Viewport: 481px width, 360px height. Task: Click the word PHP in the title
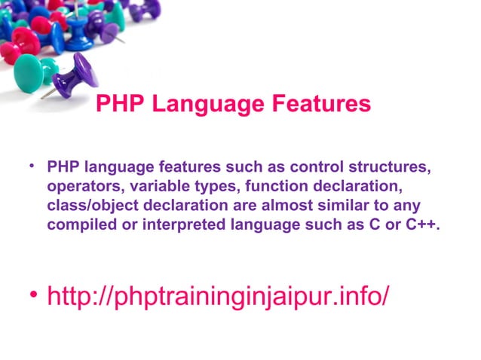coord(120,104)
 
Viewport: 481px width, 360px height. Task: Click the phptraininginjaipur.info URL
coord(219,295)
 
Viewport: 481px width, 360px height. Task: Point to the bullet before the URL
coord(32,292)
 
